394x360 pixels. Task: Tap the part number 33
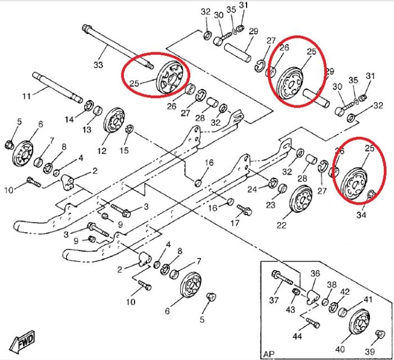point(98,65)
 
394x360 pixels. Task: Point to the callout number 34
point(361,215)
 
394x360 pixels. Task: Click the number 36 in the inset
point(315,274)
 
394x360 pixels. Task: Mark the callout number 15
point(124,150)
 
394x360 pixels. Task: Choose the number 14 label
point(69,119)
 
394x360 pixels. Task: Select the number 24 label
point(253,189)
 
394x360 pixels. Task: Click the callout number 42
point(345,292)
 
